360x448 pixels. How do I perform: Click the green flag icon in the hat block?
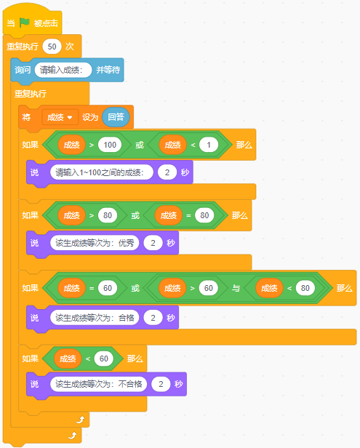point(25,23)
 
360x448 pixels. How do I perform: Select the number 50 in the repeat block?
point(52,47)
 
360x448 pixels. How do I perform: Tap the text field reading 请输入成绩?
point(63,70)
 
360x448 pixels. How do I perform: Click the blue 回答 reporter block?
point(116,117)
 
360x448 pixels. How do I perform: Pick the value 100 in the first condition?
point(110,145)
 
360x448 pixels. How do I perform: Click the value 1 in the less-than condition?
point(209,145)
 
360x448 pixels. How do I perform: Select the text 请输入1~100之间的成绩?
point(101,172)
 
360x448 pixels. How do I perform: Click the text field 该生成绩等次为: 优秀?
point(95,243)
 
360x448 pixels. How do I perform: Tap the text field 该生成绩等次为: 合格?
point(95,317)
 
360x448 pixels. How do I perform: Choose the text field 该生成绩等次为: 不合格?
point(99,384)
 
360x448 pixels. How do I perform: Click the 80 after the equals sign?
point(204,215)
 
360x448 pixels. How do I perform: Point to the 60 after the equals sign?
point(108,288)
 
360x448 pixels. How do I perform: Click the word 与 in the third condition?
point(236,288)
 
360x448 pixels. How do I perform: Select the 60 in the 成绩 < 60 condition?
point(104,359)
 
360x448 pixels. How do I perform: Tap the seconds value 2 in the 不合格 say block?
point(161,384)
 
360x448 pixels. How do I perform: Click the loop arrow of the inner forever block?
point(81,420)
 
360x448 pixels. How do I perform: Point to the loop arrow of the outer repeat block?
point(73,436)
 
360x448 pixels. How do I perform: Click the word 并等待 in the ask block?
point(108,70)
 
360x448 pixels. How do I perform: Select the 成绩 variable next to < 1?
point(172,145)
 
